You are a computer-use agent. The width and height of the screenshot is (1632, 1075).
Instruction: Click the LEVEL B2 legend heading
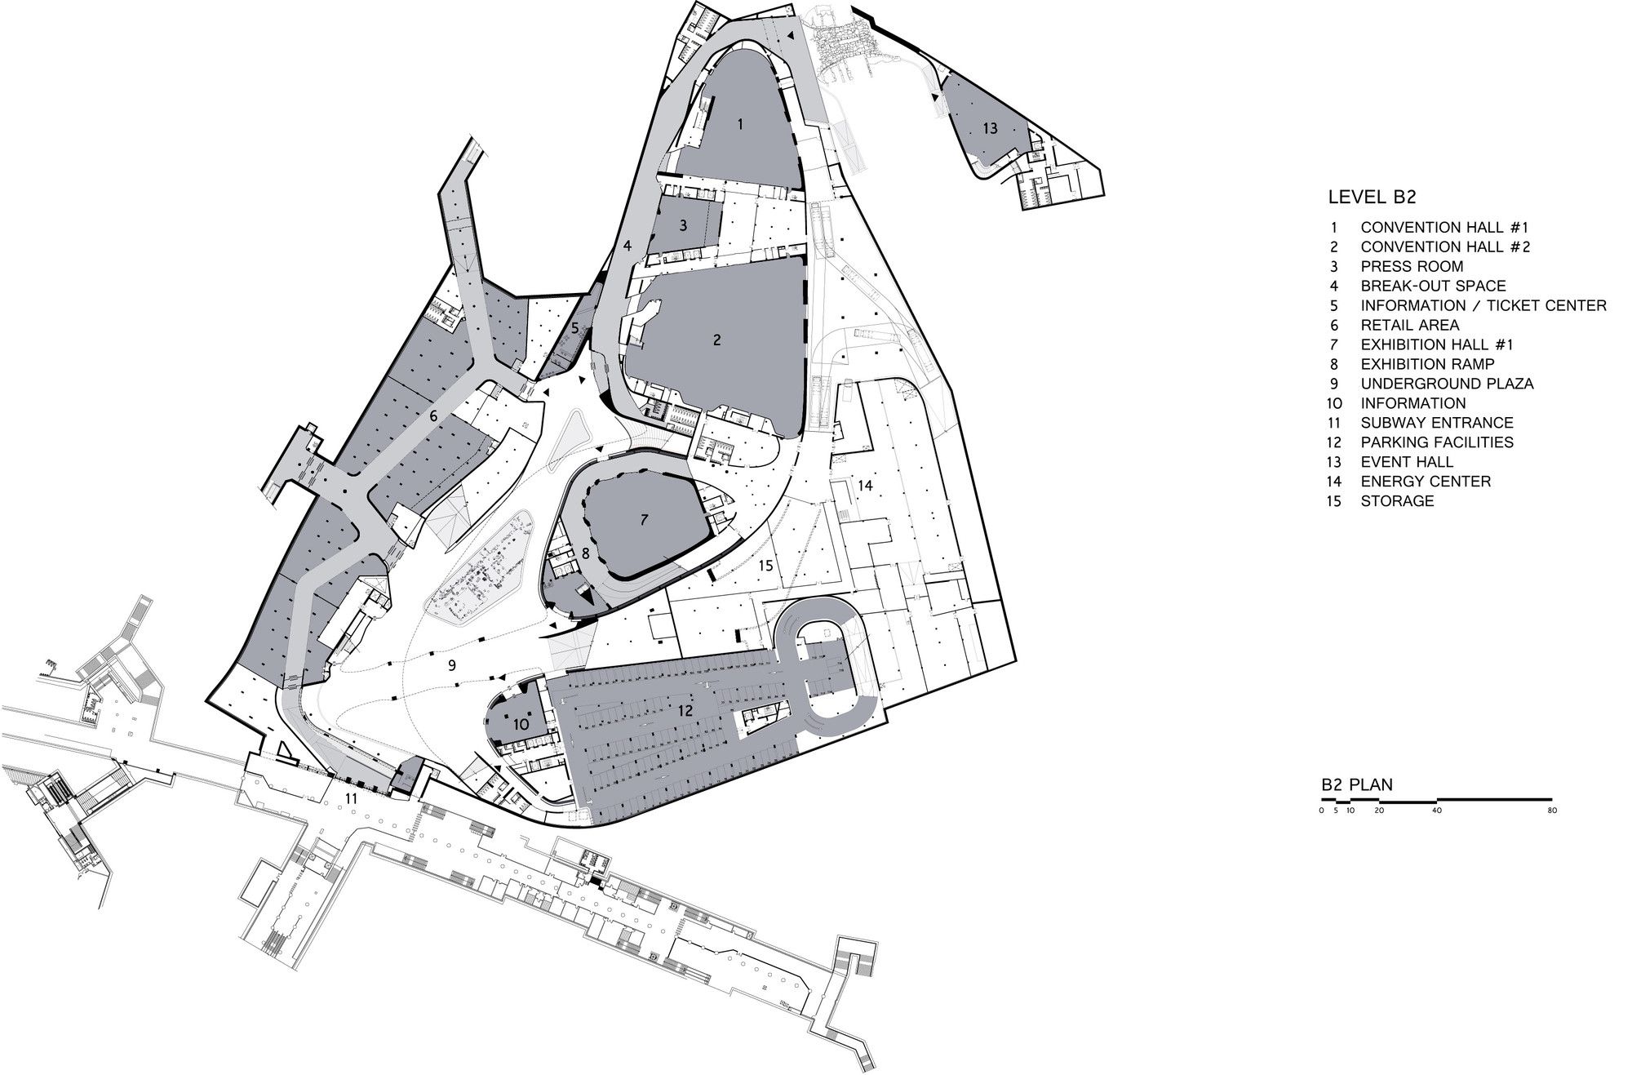click(1372, 197)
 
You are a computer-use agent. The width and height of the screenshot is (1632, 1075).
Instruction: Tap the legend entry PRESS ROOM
click(1412, 266)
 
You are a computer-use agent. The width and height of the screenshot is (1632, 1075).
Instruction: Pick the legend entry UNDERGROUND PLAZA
click(1447, 384)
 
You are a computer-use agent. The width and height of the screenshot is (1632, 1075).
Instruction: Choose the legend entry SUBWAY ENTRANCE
click(1437, 423)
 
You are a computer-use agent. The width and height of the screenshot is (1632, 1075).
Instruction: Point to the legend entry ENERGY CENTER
click(1426, 482)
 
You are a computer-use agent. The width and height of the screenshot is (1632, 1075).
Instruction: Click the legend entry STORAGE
click(1397, 501)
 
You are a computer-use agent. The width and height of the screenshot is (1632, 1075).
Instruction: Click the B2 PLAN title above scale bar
click(1357, 785)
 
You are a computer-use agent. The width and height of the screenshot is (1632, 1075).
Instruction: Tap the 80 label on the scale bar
click(1552, 811)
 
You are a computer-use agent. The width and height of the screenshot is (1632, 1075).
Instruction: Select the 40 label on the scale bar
click(1437, 811)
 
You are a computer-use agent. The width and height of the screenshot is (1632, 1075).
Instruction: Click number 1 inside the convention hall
click(740, 125)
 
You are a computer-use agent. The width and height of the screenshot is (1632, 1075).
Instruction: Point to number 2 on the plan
click(716, 340)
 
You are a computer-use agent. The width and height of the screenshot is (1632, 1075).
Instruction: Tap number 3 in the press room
click(684, 224)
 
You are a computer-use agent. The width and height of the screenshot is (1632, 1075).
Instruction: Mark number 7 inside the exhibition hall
click(644, 519)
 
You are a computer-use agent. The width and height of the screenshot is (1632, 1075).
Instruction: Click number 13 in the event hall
click(990, 128)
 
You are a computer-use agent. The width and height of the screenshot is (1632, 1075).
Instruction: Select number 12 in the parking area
click(685, 711)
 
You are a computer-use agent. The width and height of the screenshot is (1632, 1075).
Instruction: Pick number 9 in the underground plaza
click(451, 665)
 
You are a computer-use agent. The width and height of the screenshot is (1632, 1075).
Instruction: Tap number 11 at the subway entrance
click(351, 799)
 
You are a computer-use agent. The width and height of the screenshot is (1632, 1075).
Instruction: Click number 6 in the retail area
click(433, 416)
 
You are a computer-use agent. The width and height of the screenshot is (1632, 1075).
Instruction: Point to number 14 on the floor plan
click(865, 486)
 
